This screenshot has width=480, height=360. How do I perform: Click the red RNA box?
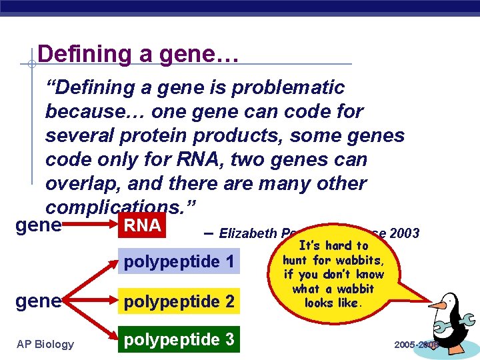[x=143, y=225]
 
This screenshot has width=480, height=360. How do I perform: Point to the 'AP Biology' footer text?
[x=46, y=344]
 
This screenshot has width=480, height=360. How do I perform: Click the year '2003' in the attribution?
[x=404, y=233]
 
